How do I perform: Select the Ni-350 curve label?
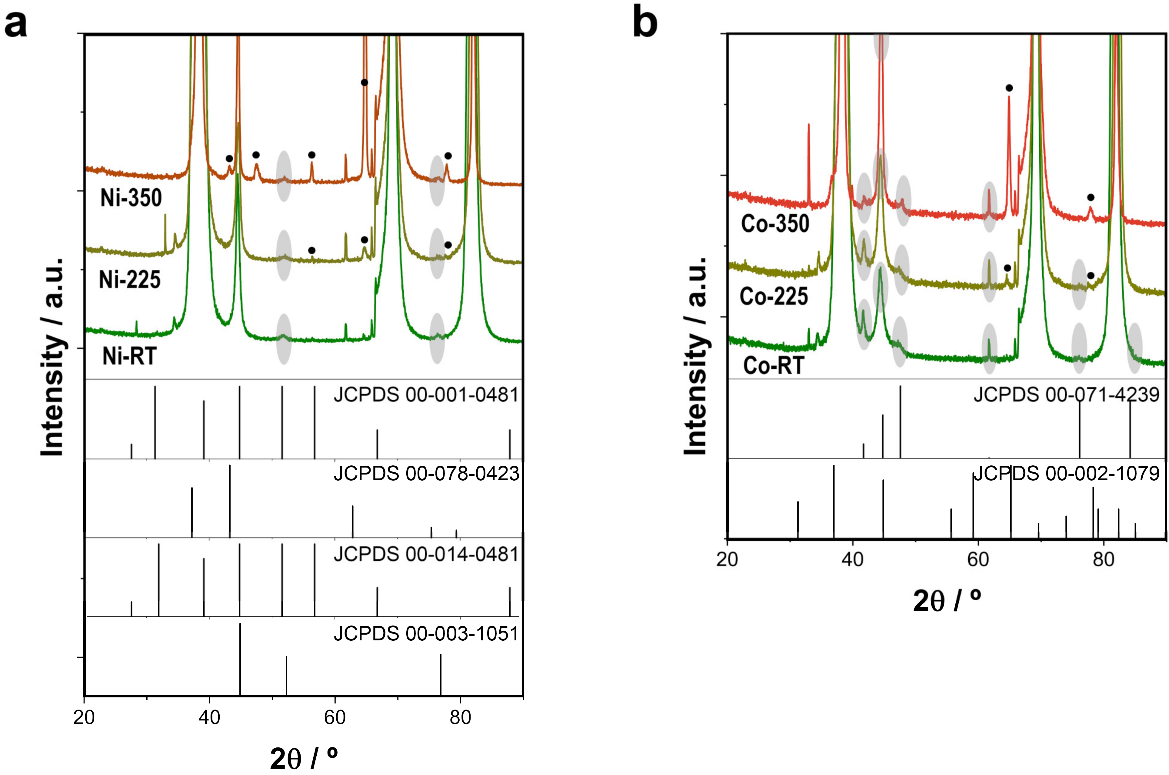(131, 198)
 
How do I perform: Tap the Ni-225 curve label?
(129, 280)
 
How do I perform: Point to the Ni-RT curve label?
(129, 356)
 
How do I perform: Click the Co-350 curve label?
(775, 224)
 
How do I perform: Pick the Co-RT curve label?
(773, 366)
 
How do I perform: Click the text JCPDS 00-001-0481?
(426, 395)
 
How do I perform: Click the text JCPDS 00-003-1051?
(426, 634)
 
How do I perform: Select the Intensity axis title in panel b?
(695, 356)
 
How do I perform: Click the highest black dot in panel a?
(364, 82)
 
